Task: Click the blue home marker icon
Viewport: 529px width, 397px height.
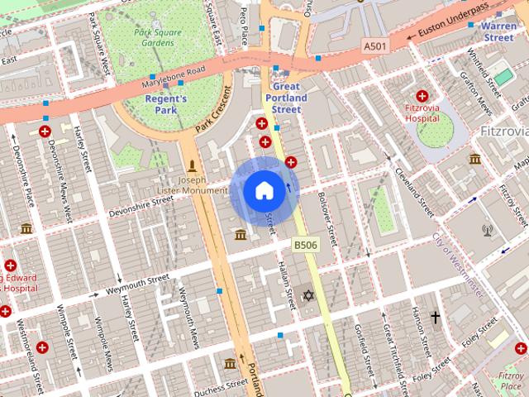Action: click(x=264, y=191)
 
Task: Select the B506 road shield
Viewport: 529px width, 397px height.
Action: click(x=304, y=245)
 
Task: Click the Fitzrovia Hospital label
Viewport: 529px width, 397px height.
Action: click(x=422, y=112)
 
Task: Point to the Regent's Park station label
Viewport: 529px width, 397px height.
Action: click(x=166, y=104)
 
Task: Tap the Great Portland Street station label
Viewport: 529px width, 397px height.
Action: click(x=286, y=98)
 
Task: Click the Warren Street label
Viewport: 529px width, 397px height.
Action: click(x=499, y=31)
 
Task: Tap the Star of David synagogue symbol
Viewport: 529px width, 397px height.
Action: click(x=310, y=295)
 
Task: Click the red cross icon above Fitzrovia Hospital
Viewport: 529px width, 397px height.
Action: click(x=422, y=96)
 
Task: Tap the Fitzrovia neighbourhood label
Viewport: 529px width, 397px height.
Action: click(x=503, y=132)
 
